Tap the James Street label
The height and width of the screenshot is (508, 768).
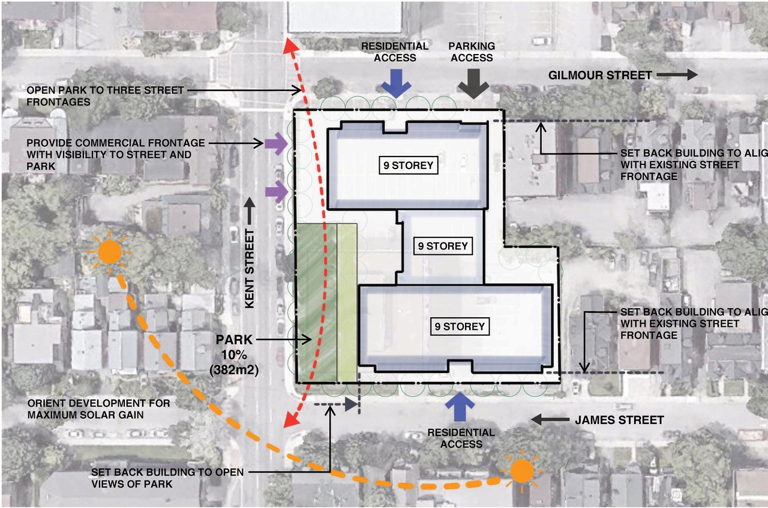pyautogui.click(x=619, y=420)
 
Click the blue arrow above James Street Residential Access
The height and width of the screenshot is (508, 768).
pyautogui.click(x=461, y=406)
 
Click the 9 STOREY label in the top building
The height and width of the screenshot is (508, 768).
pyautogui.click(x=408, y=166)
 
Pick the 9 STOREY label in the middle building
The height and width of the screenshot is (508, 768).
pyautogui.click(x=442, y=246)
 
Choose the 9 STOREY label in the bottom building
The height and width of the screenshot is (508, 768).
pyautogui.click(x=459, y=326)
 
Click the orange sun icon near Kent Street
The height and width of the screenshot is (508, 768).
pyautogui.click(x=110, y=251)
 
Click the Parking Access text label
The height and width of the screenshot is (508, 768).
pyautogui.click(x=472, y=52)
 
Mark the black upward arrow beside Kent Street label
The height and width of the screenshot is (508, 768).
pyautogui.click(x=250, y=212)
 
